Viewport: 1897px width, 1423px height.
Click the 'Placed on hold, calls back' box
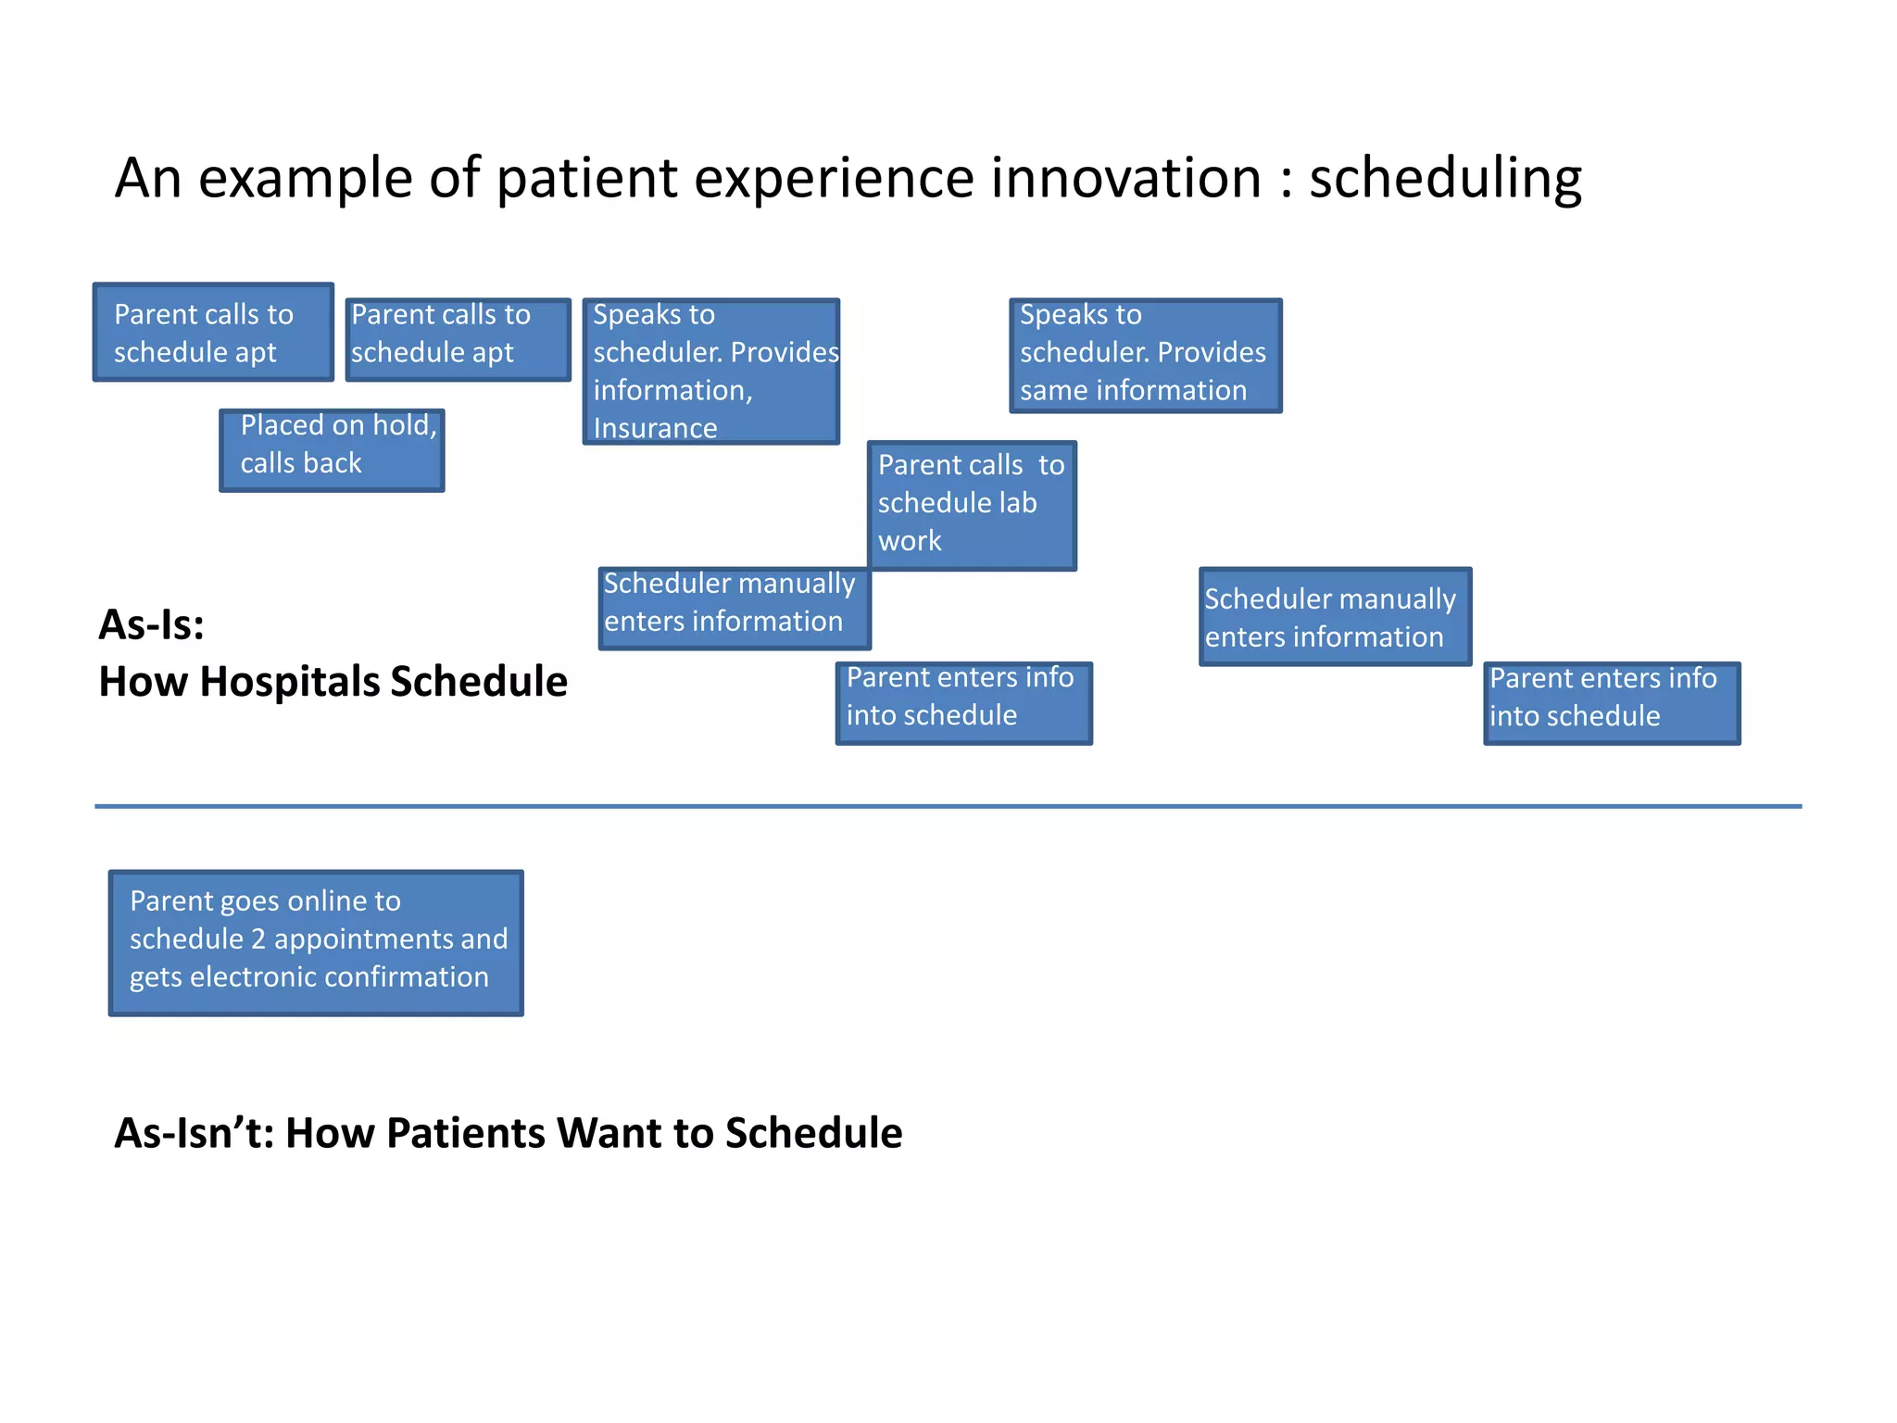[332, 450]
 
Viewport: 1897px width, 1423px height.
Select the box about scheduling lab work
[972, 505]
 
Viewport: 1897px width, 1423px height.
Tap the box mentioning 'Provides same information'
[1145, 356]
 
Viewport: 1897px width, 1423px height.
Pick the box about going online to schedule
[316, 942]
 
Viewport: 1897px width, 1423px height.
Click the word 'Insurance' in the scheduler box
[655, 428]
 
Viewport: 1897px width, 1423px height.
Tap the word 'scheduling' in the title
[1444, 180]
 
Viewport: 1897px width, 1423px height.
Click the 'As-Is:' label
[151, 624]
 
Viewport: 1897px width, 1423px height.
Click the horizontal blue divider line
[948, 806]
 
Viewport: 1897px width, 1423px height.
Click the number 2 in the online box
[258, 939]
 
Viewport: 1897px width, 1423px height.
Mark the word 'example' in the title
[304, 180]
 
